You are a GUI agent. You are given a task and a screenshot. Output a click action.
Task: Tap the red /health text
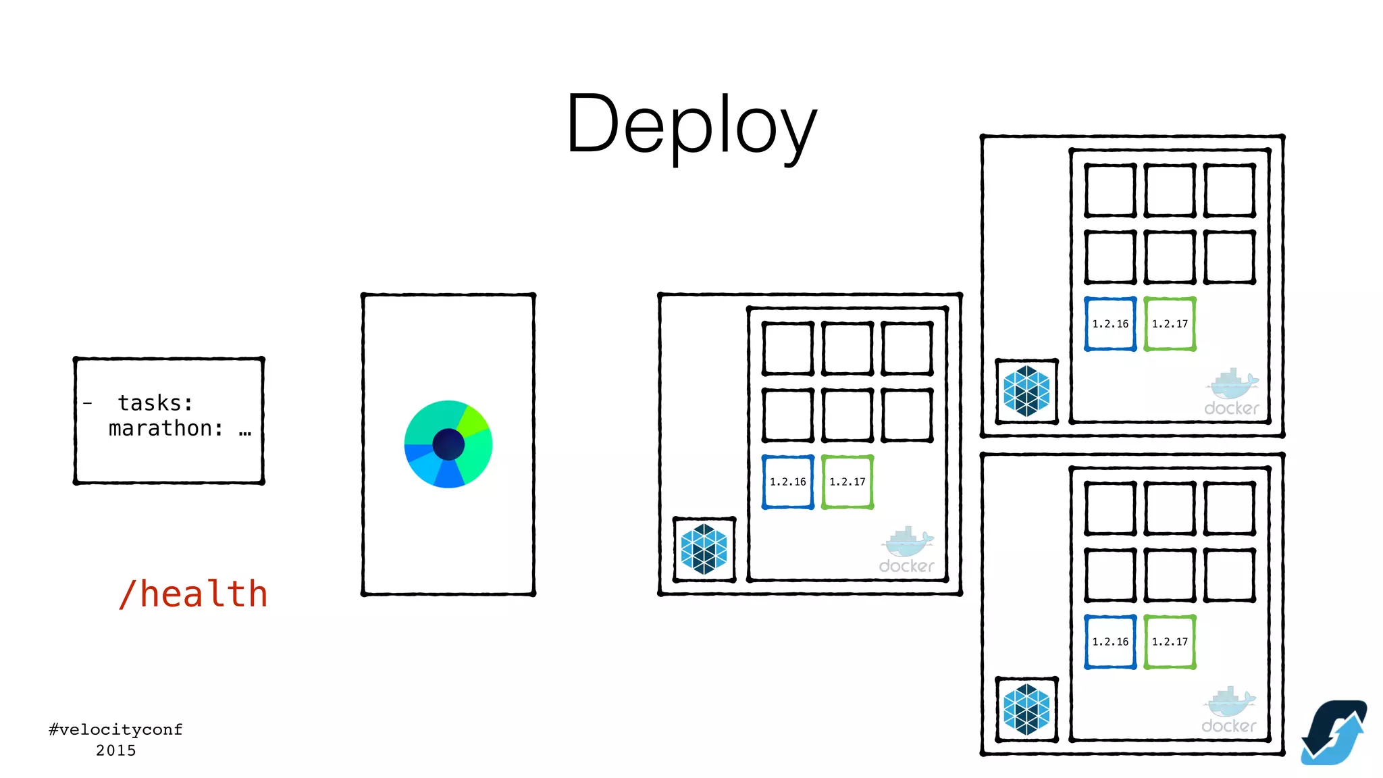193,594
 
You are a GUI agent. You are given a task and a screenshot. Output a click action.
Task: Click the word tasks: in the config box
155,403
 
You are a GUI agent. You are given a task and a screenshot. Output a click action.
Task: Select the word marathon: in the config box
166,429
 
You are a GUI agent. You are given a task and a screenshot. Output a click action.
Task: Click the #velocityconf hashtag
115,729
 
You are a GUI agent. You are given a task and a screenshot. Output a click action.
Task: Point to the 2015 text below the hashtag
115,750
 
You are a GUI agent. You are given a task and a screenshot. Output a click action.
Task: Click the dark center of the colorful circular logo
448,444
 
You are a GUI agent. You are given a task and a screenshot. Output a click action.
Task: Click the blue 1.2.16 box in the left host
788,482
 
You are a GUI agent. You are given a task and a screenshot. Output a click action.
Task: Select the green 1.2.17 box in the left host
847,482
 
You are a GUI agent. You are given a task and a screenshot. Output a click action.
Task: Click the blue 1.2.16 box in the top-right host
1110,324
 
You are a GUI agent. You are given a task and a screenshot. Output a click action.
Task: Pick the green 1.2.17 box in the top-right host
1170,324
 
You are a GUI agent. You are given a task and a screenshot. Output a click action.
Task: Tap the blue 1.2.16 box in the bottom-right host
1110,642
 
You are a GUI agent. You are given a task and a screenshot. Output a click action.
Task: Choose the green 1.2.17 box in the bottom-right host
1170,642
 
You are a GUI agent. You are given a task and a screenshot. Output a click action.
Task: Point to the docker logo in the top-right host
1232,392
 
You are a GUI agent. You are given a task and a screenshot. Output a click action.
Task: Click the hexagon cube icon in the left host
704,549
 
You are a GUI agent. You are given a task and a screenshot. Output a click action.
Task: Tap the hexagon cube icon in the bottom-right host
1026,709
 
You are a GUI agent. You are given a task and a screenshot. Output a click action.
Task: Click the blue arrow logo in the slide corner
1334,733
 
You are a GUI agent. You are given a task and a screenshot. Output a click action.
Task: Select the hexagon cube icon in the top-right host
1026,391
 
